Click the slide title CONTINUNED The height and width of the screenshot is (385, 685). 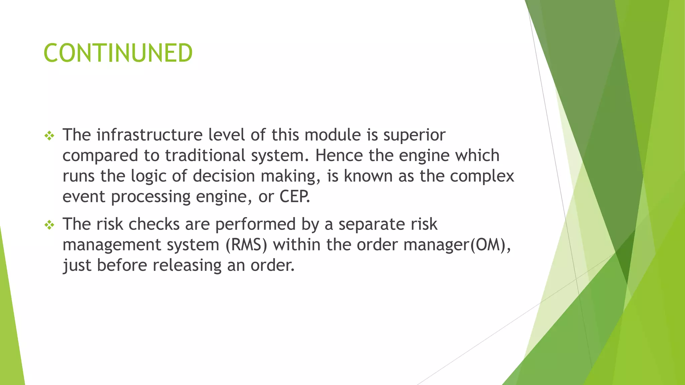[x=118, y=53]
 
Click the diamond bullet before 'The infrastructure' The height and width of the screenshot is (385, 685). [x=49, y=136]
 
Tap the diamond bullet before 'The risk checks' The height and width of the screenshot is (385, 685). [x=49, y=225]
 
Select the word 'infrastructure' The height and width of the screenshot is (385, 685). [x=150, y=135]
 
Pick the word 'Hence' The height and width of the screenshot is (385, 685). [x=339, y=156]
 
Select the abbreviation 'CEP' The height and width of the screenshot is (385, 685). [x=294, y=197]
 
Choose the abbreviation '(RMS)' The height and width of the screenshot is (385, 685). [x=247, y=245]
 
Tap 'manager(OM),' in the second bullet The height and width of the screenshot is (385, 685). [x=457, y=245]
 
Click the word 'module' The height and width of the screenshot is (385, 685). [x=333, y=135]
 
